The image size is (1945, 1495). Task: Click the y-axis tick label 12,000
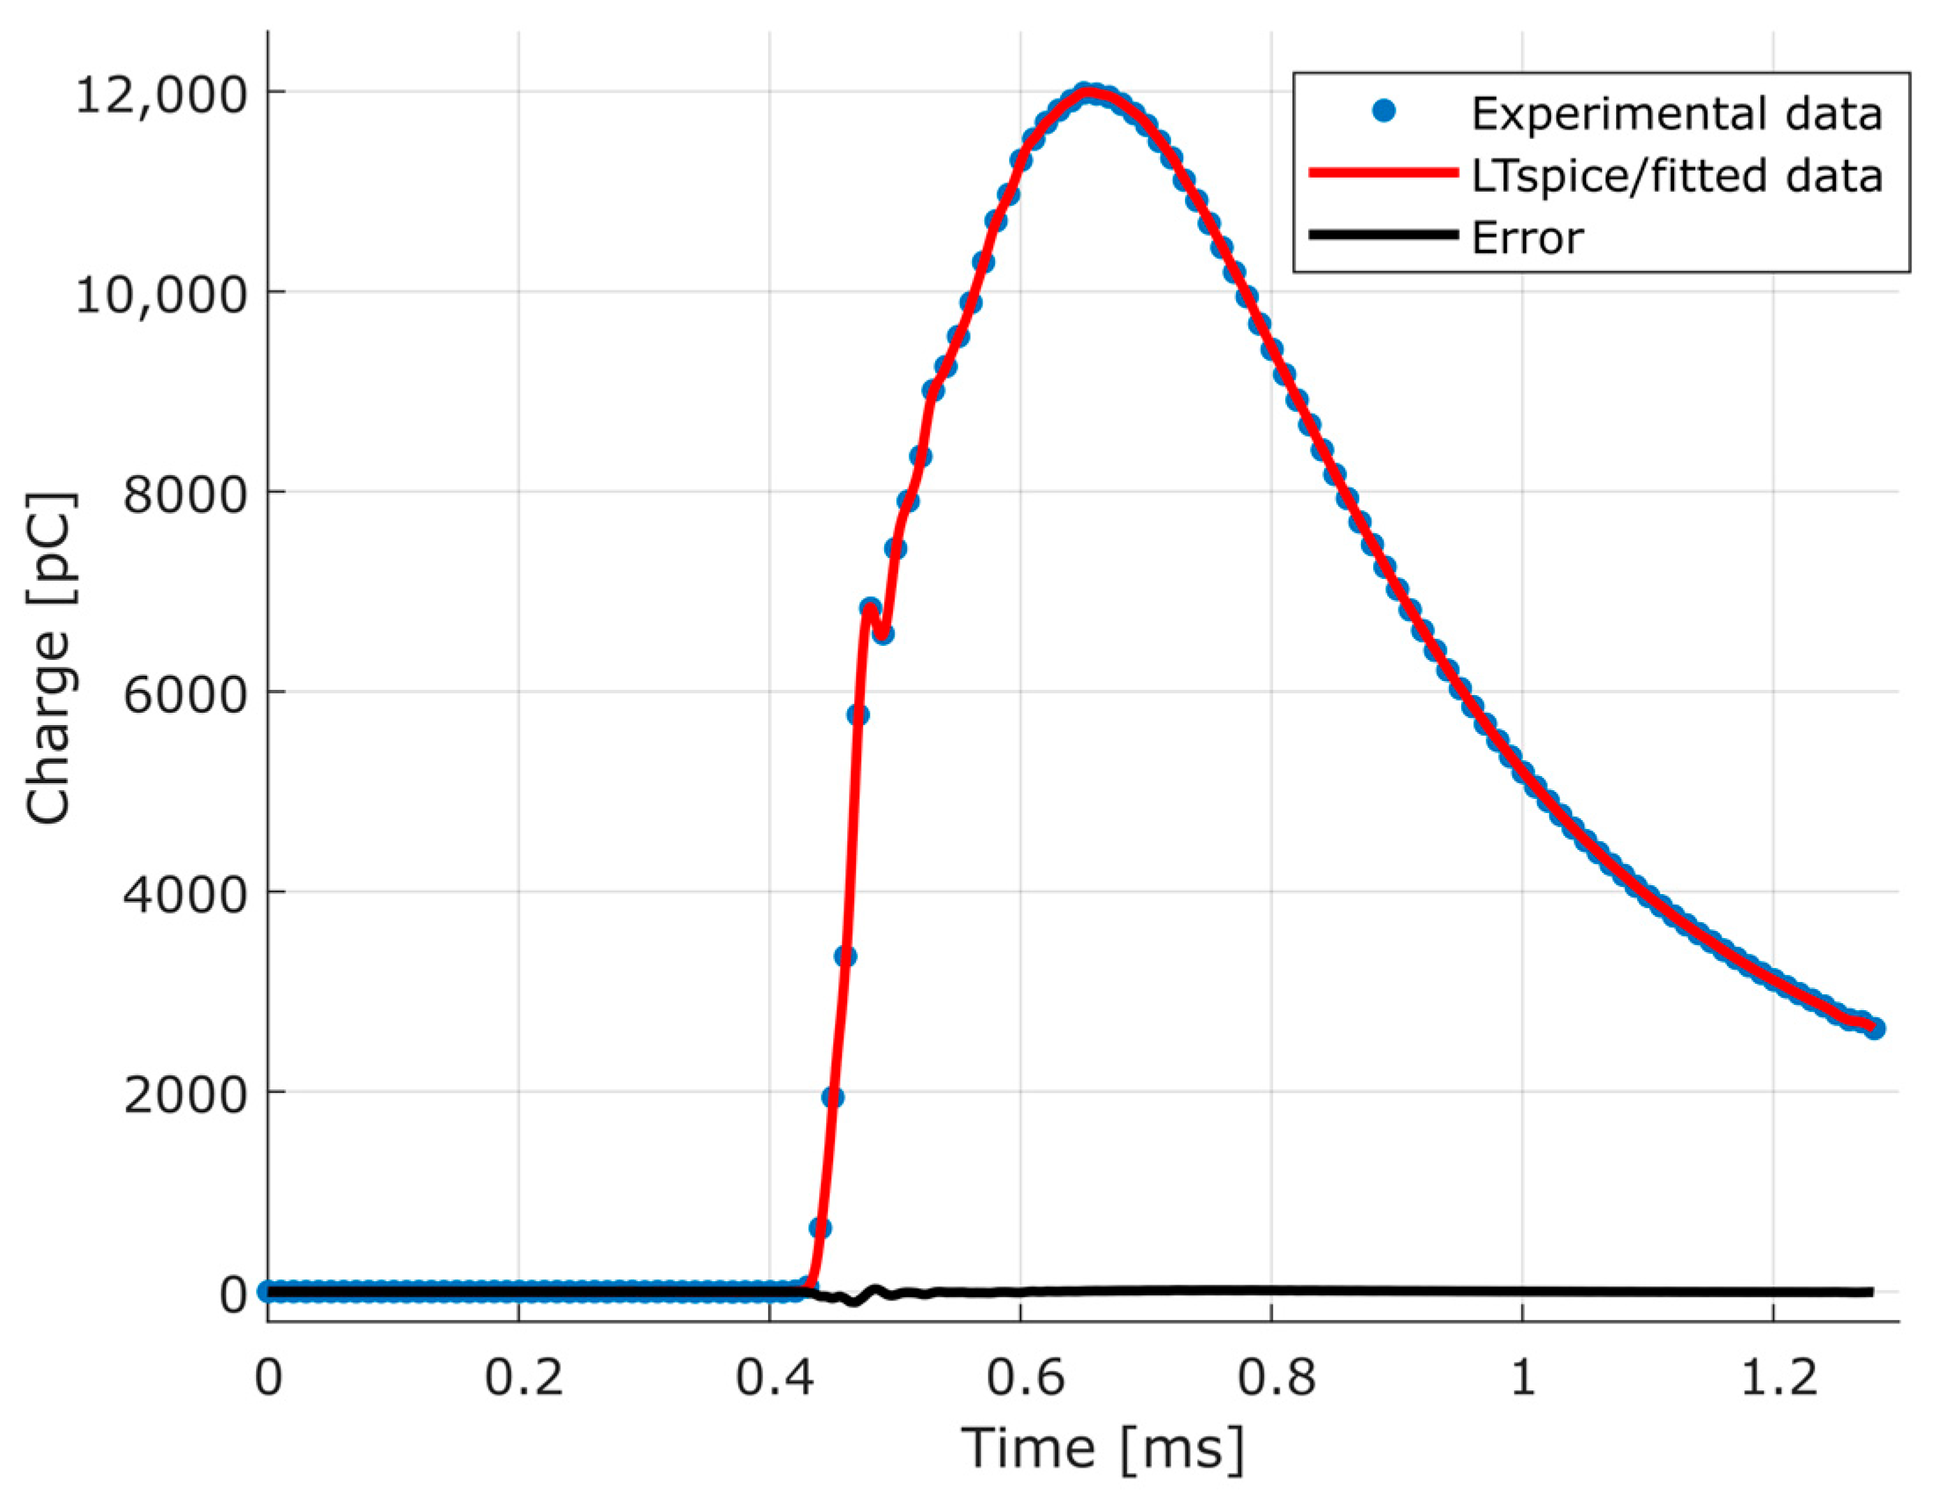(159, 94)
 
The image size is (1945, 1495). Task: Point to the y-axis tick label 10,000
(159, 294)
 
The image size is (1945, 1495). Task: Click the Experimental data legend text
(1677, 114)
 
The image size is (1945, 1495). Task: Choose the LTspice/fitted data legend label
(1677, 175)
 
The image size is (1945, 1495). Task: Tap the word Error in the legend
(1527, 238)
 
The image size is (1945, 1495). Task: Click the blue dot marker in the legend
(1384, 111)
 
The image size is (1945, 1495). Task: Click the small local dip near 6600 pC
(882, 634)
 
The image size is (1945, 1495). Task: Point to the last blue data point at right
(1874, 1029)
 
